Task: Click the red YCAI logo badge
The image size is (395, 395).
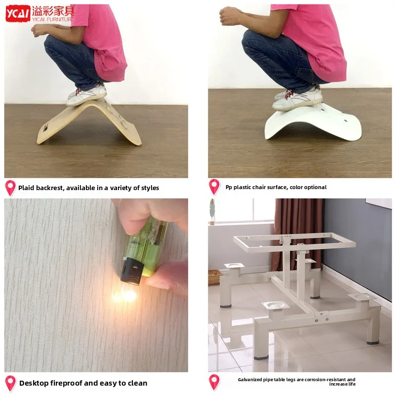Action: [18, 13]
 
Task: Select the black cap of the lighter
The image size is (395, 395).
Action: [131, 271]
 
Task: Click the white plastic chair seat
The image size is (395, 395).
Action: [314, 123]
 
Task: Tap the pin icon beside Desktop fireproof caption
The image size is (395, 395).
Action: [10, 384]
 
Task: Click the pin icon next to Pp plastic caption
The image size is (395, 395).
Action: [214, 187]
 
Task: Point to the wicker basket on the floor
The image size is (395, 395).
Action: [215, 277]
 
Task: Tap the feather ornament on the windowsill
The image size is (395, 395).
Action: [212, 212]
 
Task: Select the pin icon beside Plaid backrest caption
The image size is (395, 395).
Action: [10, 188]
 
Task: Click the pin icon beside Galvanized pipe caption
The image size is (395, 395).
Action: [214, 382]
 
